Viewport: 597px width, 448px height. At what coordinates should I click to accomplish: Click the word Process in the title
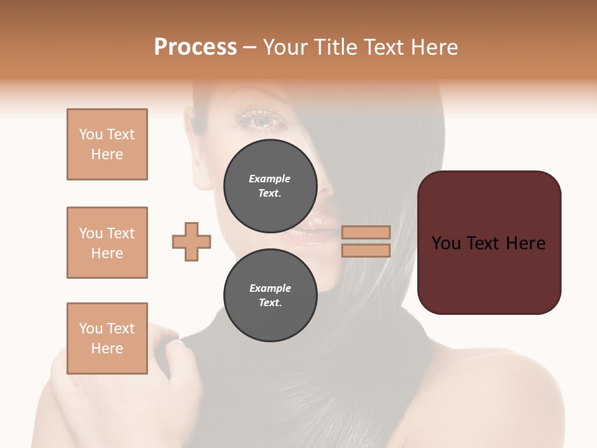point(195,47)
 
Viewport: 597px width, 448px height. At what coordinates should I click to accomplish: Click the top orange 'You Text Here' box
point(107,144)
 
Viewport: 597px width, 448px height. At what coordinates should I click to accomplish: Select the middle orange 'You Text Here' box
point(107,243)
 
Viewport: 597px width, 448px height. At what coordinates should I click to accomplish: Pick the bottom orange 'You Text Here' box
point(107,338)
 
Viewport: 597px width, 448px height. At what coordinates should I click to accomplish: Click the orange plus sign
point(192,241)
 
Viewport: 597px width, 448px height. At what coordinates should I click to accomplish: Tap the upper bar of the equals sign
point(366,232)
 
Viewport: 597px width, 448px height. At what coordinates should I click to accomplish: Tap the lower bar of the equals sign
point(366,250)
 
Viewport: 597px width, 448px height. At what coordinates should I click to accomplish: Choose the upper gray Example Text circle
point(269,186)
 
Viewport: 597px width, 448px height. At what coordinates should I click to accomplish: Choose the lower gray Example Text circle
point(270,296)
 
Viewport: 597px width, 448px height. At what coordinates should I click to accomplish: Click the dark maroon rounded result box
point(489,242)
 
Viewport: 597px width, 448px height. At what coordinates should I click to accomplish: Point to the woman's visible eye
point(261,120)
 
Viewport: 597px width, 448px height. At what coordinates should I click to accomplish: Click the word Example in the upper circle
point(269,179)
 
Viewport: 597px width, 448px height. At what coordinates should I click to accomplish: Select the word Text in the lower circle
point(270,303)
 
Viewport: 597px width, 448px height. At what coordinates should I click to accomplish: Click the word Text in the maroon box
point(486,243)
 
